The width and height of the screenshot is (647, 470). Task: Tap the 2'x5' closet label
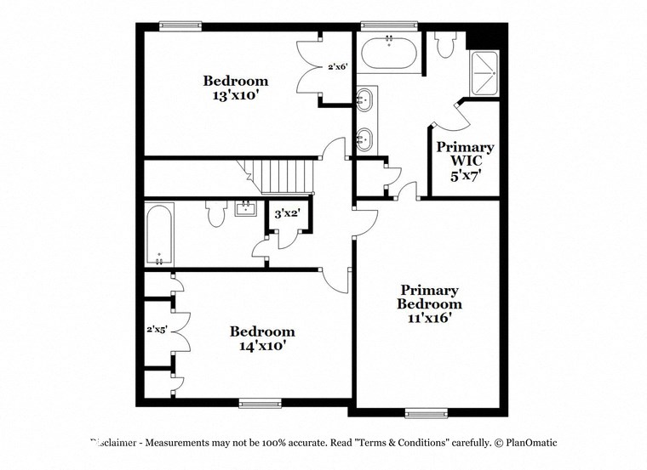(x=156, y=330)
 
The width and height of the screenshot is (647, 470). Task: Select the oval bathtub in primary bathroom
(x=389, y=54)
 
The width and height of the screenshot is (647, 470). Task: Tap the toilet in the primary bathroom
(x=445, y=45)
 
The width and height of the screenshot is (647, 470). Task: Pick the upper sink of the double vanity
(x=364, y=99)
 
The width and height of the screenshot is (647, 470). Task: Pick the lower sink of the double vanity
(x=364, y=139)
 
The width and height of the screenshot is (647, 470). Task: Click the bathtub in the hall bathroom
(x=159, y=234)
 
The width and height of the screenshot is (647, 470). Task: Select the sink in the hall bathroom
(x=247, y=208)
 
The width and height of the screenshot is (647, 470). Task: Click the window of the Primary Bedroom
(x=426, y=414)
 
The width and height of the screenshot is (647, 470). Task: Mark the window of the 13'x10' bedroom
(x=181, y=25)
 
